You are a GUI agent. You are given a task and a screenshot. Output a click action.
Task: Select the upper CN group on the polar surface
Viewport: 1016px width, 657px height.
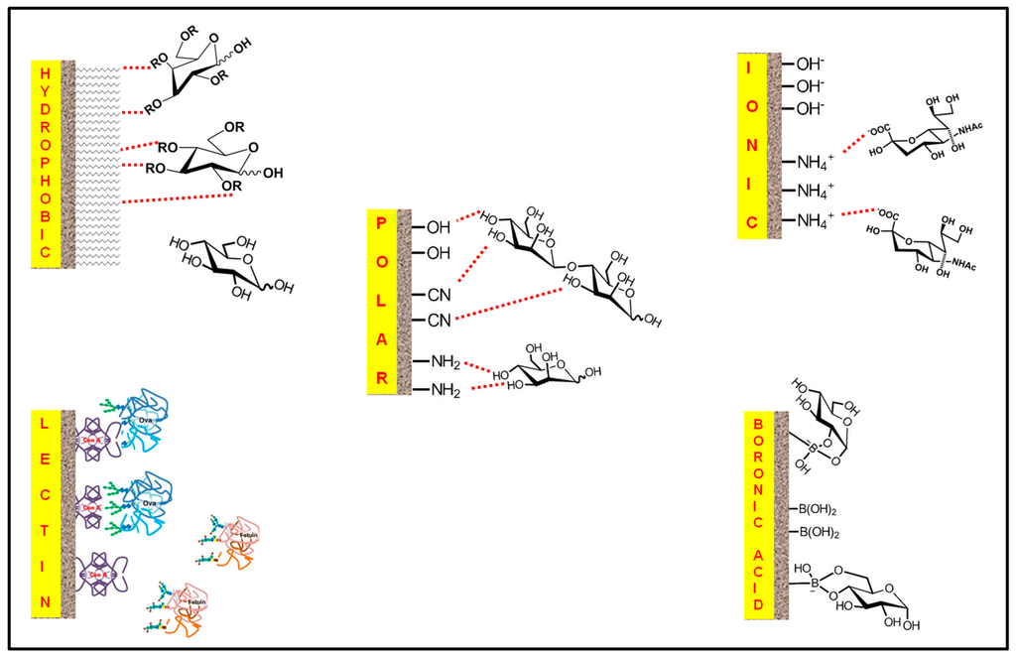coord(437,295)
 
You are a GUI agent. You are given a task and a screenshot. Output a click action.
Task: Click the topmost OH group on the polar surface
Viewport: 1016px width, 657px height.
coord(438,228)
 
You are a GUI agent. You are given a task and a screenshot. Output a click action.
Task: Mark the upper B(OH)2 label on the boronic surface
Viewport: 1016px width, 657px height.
coord(819,510)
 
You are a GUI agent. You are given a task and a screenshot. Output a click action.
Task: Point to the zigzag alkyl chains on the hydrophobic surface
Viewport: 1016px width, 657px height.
coord(97,164)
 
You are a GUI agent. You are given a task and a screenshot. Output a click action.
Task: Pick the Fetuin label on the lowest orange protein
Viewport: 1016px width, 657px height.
coord(185,603)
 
